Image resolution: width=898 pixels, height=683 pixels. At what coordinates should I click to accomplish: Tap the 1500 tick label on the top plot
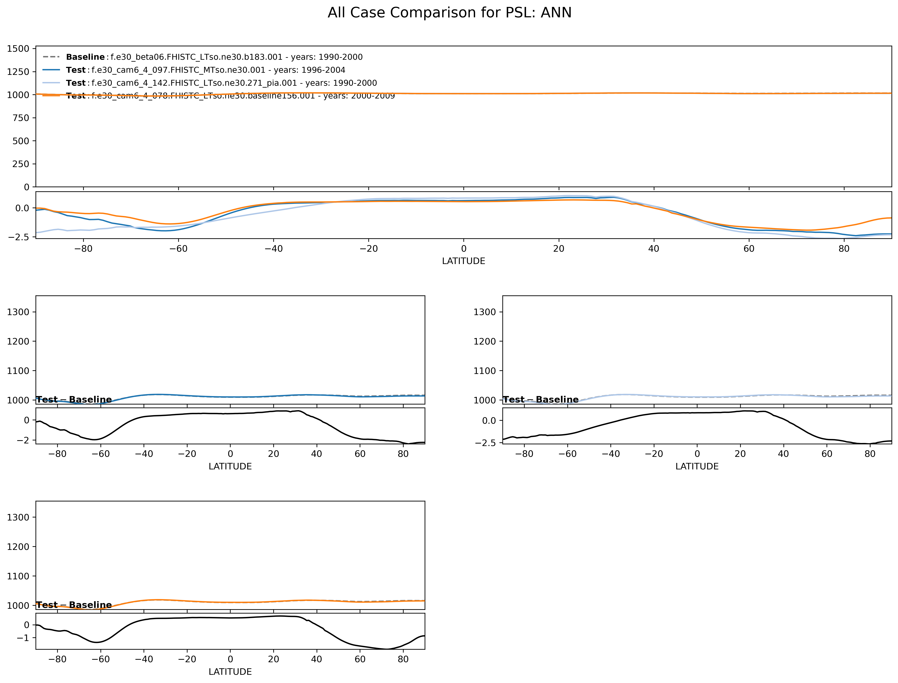[x=18, y=49]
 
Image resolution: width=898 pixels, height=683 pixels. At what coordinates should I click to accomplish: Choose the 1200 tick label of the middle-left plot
[x=18, y=341]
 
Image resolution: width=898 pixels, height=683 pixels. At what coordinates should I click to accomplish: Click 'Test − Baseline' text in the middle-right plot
[x=540, y=400]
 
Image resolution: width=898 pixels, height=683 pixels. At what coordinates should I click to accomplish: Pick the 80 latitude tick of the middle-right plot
[x=870, y=454]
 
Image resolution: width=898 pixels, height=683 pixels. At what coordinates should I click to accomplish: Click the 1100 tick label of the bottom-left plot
[x=18, y=576]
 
